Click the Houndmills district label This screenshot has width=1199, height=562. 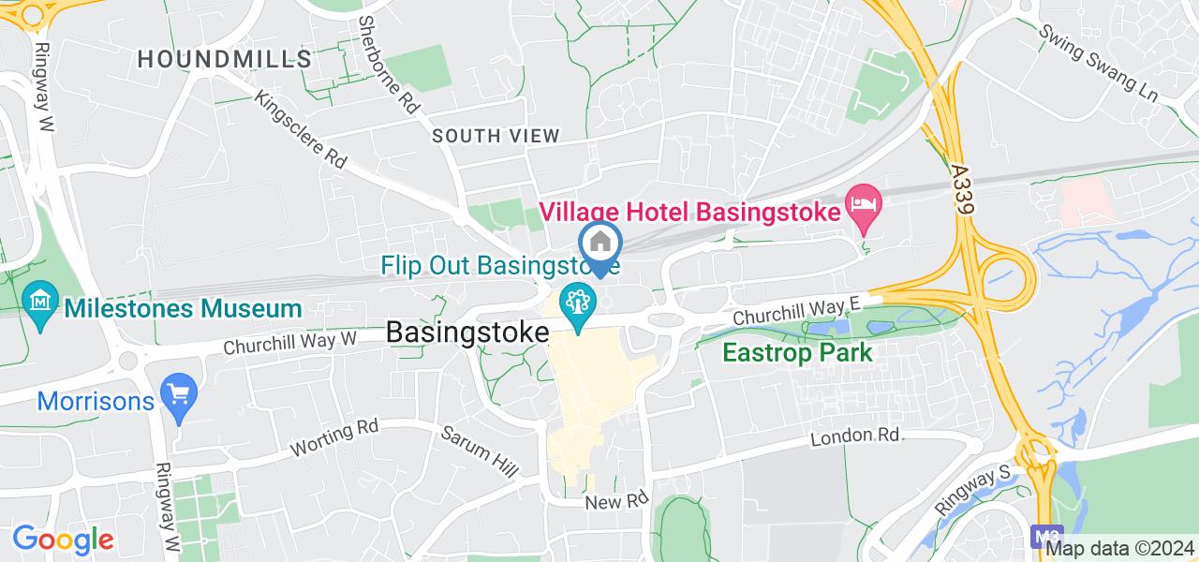(225, 59)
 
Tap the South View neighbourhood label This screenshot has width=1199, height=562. (496, 136)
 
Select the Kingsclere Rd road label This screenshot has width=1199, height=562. (301, 129)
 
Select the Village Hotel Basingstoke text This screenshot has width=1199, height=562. (688, 210)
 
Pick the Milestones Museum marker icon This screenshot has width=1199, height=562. (40, 305)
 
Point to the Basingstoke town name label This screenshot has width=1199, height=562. (466, 333)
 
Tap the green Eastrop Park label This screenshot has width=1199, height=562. (797, 353)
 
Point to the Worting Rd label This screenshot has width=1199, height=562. (334, 436)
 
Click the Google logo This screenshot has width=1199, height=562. (62, 540)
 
